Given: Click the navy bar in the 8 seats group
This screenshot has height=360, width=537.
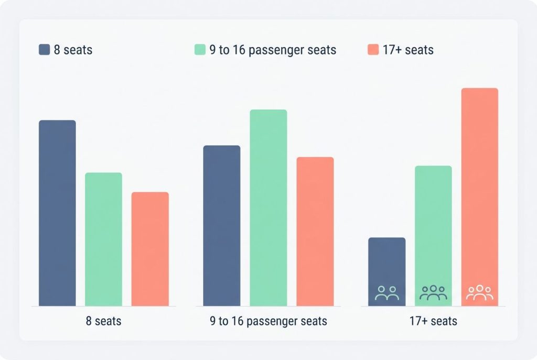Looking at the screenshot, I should (x=57, y=213).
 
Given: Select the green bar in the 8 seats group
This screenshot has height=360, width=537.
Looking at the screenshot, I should (x=103, y=239).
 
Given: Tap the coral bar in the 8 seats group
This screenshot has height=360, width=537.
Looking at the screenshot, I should (x=150, y=249).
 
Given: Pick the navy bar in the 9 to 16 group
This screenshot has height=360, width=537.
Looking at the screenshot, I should (x=221, y=225).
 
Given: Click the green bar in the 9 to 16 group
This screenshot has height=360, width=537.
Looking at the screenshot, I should (x=268, y=208).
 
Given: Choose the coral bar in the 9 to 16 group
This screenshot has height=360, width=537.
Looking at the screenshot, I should (x=315, y=231).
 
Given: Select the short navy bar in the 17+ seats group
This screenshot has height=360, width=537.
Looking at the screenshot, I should (x=386, y=262).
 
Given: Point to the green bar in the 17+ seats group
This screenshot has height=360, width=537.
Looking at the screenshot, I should (x=433, y=225).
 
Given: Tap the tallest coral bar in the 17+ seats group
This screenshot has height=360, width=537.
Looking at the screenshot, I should (x=480, y=189).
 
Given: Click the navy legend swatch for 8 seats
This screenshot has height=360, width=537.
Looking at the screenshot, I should (x=44, y=50).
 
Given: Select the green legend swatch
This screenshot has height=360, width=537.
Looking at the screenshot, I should (x=200, y=50).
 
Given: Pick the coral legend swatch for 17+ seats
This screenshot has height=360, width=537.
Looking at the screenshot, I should (x=373, y=50).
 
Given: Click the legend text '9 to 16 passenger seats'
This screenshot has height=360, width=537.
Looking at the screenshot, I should (x=273, y=50).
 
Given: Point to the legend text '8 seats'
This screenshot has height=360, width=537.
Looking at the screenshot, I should (x=73, y=50).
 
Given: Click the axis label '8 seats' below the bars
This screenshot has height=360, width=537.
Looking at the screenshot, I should (x=103, y=321).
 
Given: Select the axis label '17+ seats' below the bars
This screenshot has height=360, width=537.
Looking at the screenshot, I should (x=433, y=321).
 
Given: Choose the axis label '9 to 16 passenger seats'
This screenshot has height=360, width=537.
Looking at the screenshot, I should (x=268, y=321).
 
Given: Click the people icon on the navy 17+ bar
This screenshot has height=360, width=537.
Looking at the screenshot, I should (x=386, y=293).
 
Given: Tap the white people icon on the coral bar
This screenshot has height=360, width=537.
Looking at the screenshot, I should (x=480, y=292).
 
